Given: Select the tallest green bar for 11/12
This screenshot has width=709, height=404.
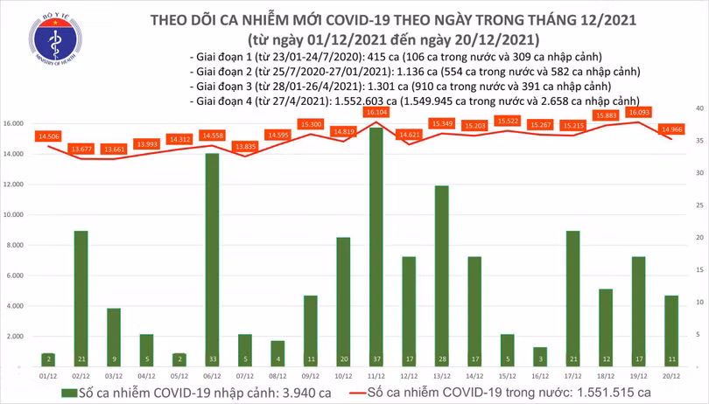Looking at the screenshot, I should [x=376, y=245].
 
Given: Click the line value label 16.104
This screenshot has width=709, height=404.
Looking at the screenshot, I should [x=377, y=114].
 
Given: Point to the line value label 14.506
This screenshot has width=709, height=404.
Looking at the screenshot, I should [x=49, y=136].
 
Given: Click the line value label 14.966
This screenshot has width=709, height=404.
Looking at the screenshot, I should [x=672, y=129].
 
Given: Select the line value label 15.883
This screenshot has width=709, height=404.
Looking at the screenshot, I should [x=606, y=115].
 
